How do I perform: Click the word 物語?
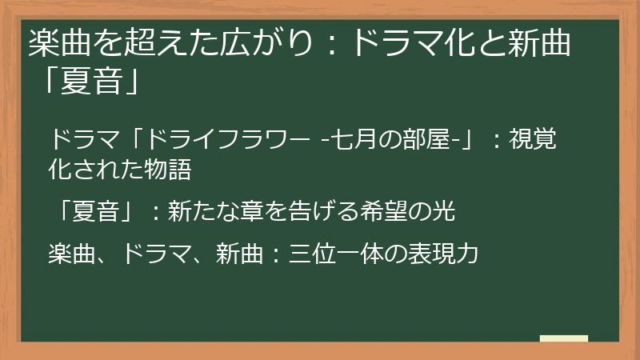[172, 169]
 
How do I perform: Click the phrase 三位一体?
[338, 254]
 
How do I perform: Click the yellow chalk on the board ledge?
[564, 339]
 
